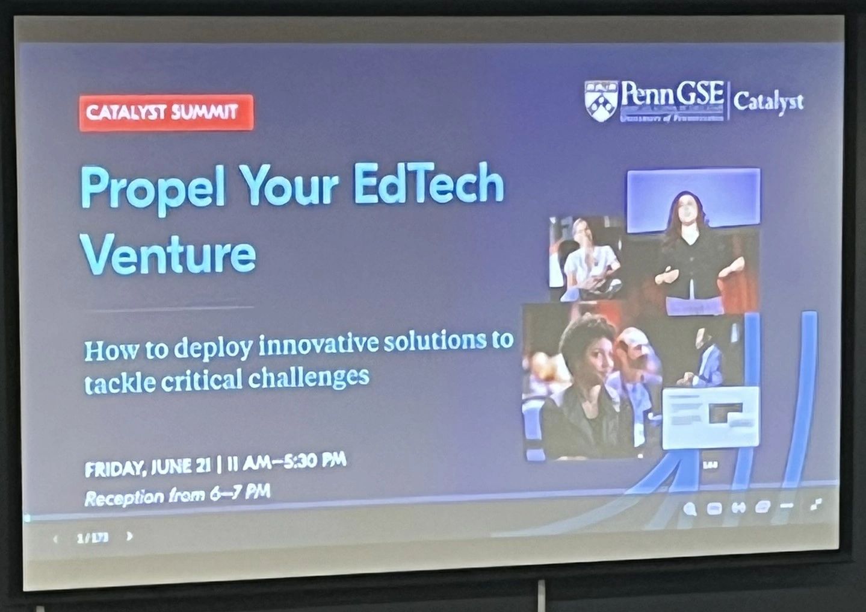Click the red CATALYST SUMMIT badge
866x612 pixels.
pos(166,112)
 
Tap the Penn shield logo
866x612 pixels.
pos(601,101)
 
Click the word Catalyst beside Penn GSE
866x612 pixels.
pos(768,102)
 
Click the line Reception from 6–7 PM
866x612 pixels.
pos(177,496)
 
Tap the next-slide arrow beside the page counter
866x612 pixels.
pos(129,536)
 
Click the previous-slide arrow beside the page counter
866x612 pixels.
pos(56,539)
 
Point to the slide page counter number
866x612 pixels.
pos(92,537)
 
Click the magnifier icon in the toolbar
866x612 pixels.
pos(690,510)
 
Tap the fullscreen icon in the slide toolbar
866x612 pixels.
pos(816,504)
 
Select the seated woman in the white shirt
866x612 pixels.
pos(587,256)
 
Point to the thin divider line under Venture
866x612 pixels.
pos(169,309)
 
